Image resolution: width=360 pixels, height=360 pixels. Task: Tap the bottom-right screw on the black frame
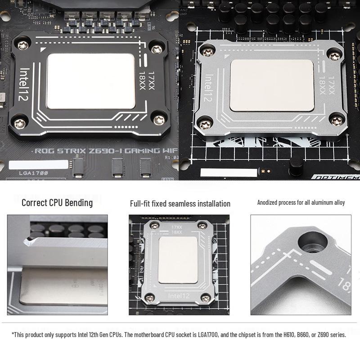[159, 120]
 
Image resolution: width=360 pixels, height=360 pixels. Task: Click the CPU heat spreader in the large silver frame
[271, 85]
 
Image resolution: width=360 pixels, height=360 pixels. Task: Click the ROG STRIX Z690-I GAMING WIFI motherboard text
[107, 151]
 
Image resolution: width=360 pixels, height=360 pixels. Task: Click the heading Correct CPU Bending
[57, 202]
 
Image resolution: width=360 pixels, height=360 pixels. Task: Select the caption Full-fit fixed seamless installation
[180, 204]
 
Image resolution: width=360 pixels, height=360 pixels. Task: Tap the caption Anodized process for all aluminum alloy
[301, 202]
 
